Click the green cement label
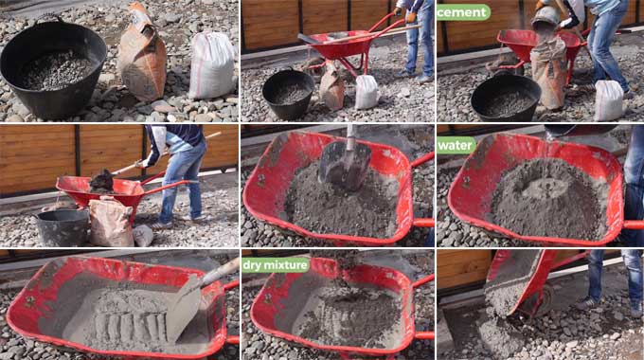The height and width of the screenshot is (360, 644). (x=463, y=12)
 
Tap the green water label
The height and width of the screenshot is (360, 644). (x=456, y=146)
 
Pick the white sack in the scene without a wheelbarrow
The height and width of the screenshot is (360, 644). (x=212, y=65)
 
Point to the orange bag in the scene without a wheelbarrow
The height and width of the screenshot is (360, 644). (x=142, y=53)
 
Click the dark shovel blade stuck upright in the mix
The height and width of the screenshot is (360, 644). (x=345, y=165)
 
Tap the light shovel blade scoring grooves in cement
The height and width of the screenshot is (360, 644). (x=184, y=307)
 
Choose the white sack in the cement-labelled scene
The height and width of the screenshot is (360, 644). (x=609, y=100)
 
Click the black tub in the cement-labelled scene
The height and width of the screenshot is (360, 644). (x=506, y=97)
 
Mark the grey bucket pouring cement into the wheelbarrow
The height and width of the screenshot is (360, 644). (x=546, y=19)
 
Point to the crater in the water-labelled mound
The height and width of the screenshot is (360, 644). (x=546, y=189)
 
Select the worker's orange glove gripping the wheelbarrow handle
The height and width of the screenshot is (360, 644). (x=411, y=17)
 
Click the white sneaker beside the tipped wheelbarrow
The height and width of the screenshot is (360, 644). (x=586, y=303)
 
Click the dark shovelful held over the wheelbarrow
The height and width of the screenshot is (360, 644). (x=101, y=182)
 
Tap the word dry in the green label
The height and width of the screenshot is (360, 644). (x=252, y=265)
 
